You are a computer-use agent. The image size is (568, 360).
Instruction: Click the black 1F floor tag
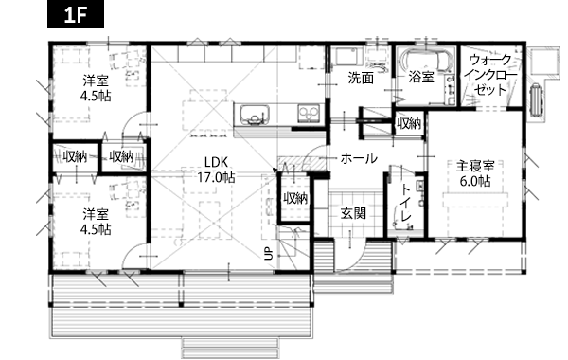[x=76, y=14]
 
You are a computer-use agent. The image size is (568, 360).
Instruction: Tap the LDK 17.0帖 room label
[x=216, y=170]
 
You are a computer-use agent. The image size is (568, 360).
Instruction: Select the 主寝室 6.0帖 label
[x=475, y=173]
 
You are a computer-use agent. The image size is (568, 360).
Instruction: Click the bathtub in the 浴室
[x=425, y=61]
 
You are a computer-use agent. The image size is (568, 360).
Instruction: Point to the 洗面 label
[x=361, y=78]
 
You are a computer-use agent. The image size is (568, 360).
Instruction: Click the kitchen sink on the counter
[x=256, y=115]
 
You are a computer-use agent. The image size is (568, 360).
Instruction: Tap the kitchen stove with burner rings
[x=309, y=113]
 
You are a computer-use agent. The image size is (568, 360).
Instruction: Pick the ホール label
[x=359, y=158]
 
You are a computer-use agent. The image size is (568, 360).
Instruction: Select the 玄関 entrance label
[x=353, y=213]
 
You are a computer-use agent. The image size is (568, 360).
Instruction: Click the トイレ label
[x=406, y=203]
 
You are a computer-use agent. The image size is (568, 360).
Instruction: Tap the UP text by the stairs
[x=269, y=253]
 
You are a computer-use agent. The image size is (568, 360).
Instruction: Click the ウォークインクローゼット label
[x=490, y=75]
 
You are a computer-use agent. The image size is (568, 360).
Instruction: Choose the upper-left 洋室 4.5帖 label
[x=96, y=88]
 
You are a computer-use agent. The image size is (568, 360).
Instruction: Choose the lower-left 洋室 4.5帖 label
[x=96, y=221]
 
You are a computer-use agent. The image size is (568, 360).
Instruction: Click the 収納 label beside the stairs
[x=295, y=198]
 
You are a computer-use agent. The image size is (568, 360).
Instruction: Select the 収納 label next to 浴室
[x=409, y=124]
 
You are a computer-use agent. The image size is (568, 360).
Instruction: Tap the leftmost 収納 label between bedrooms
[x=75, y=157]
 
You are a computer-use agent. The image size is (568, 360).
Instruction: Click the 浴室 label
[x=421, y=78]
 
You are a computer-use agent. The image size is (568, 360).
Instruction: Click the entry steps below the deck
[x=230, y=348]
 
